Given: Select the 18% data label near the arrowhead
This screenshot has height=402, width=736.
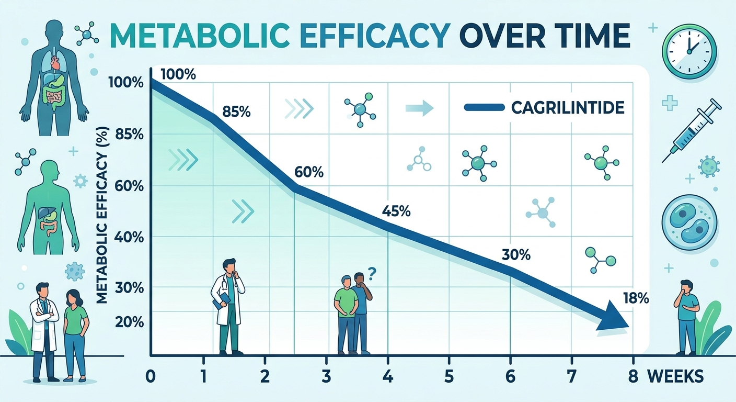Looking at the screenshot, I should pyautogui.click(x=636, y=299).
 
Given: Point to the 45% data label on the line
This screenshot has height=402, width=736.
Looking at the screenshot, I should pyautogui.click(x=396, y=212).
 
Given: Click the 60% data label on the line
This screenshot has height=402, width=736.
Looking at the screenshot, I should pyautogui.click(x=308, y=172).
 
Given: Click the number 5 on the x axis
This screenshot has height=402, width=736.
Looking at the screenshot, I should pyautogui.click(x=448, y=376).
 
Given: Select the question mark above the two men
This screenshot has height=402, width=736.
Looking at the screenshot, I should pyautogui.click(x=372, y=272).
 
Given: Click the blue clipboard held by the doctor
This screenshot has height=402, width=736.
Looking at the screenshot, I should pyautogui.click(x=222, y=299).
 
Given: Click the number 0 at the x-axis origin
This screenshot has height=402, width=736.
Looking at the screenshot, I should pyautogui.click(x=151, y=376).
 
